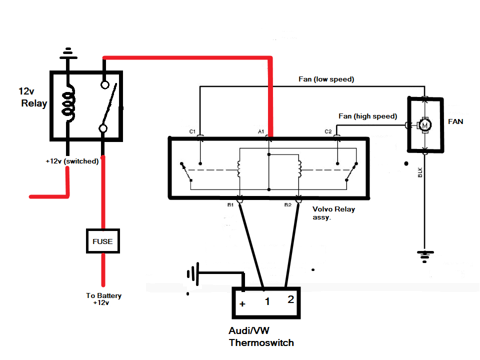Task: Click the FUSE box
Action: [x=102, y=241]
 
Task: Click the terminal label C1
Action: [x=192, y=131]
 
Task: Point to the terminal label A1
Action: [x=261, y=131]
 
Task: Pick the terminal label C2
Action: [x=328, y=131]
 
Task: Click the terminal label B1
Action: [x=230, y=205]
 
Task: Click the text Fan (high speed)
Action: [x=367, y=116]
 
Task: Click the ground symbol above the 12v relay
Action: [x=68, y=51]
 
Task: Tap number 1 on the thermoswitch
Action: [x=267, y=301]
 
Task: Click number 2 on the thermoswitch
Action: [x=290, y=299]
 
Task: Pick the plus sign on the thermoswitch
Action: [x=242, y=303]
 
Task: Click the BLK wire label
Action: [x=420, y=172]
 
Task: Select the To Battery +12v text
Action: [x=103, y=299]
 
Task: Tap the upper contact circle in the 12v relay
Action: [x=104, y=84]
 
